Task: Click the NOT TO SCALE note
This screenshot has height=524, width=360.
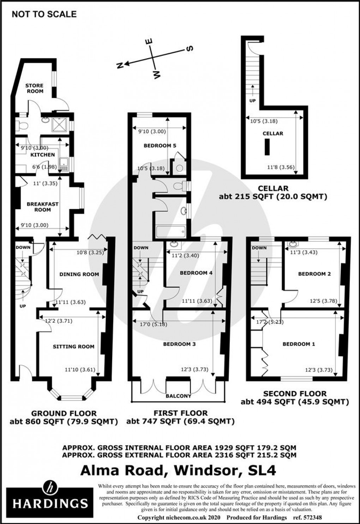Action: click(44, 14)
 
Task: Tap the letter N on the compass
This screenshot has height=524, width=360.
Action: click(120, 65)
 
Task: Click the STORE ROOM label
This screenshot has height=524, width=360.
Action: click(35, 88)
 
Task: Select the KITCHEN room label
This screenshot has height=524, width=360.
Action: click(43, 155)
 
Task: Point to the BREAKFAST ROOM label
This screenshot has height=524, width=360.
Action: click(42, 207)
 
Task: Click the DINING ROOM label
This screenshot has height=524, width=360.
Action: click(79, 274)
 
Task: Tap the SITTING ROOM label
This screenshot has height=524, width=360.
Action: click(74, 347)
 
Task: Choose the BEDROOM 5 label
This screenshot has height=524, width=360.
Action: click(160, 146)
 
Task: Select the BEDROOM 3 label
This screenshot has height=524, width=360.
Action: click(179, 344)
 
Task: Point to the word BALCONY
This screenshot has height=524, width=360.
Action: click(179, 396)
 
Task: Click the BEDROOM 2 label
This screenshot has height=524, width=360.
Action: click(314, 274)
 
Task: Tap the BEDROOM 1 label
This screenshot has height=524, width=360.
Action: click(299, 344)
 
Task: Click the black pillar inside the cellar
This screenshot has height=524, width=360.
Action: click(268, 147)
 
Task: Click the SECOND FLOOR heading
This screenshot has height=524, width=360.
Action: click(295, 394)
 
